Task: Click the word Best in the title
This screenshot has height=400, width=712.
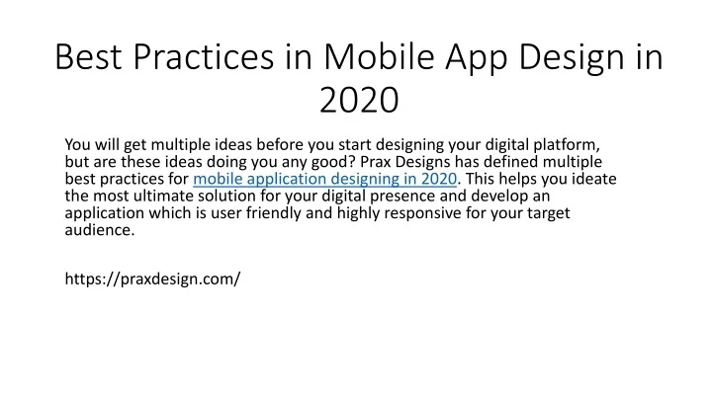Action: tap(89, 56)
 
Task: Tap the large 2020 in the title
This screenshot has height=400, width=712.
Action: tap(359, 100)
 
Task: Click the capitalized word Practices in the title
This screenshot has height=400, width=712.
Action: tap(204, 56)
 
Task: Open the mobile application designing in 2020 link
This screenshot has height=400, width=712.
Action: tap(324, 179)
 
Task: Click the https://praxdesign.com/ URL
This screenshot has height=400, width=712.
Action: tap(152, 279)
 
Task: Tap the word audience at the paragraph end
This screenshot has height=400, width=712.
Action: tap(100, 229)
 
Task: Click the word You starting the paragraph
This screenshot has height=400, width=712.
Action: tap(78, 144)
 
